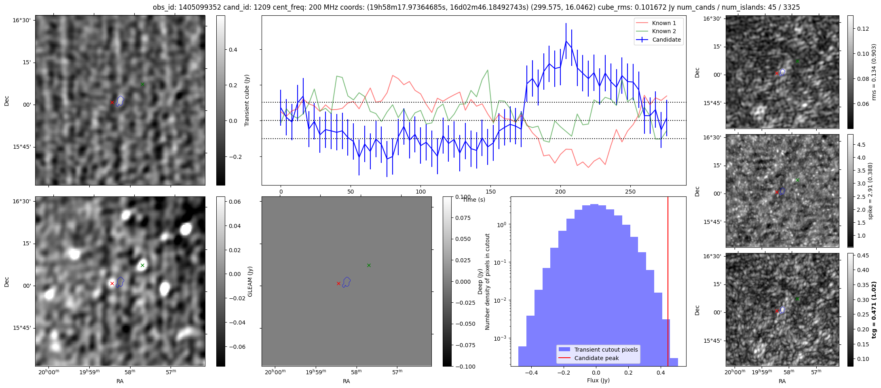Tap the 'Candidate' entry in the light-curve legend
click(659, 40)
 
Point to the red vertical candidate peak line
click(668, 281)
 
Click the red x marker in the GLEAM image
click(112, 283)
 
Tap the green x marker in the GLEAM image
click(142, 265)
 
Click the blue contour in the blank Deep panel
click(346, 282)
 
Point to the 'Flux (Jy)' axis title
click(598, 380)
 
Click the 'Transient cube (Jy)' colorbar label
click(247, 100)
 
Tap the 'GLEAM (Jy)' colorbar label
click(250, 281)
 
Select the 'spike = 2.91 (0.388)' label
click(870, 191)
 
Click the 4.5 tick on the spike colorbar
click(861, 145)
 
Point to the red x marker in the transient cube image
click(112, 102)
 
